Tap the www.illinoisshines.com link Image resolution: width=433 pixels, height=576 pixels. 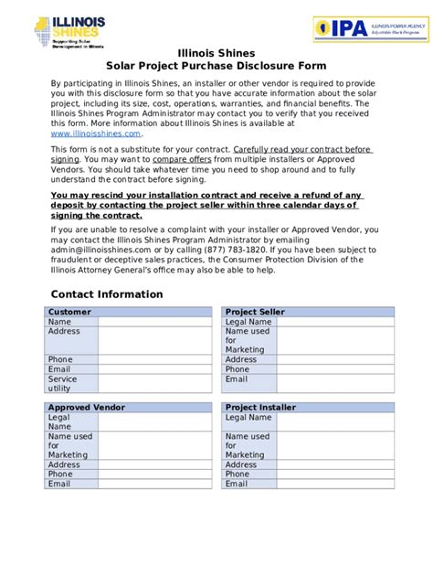tap(96, 133)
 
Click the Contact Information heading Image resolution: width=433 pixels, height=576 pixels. tap(107, 294)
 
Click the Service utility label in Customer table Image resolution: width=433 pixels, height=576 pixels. tap(63, 384)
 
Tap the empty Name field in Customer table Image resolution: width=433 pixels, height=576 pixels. tap(156, 322)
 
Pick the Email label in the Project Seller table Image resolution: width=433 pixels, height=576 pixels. tap(237, 379)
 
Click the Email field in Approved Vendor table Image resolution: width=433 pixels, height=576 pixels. tap(156, 484)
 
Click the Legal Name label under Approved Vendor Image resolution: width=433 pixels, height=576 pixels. tap(59, 421)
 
